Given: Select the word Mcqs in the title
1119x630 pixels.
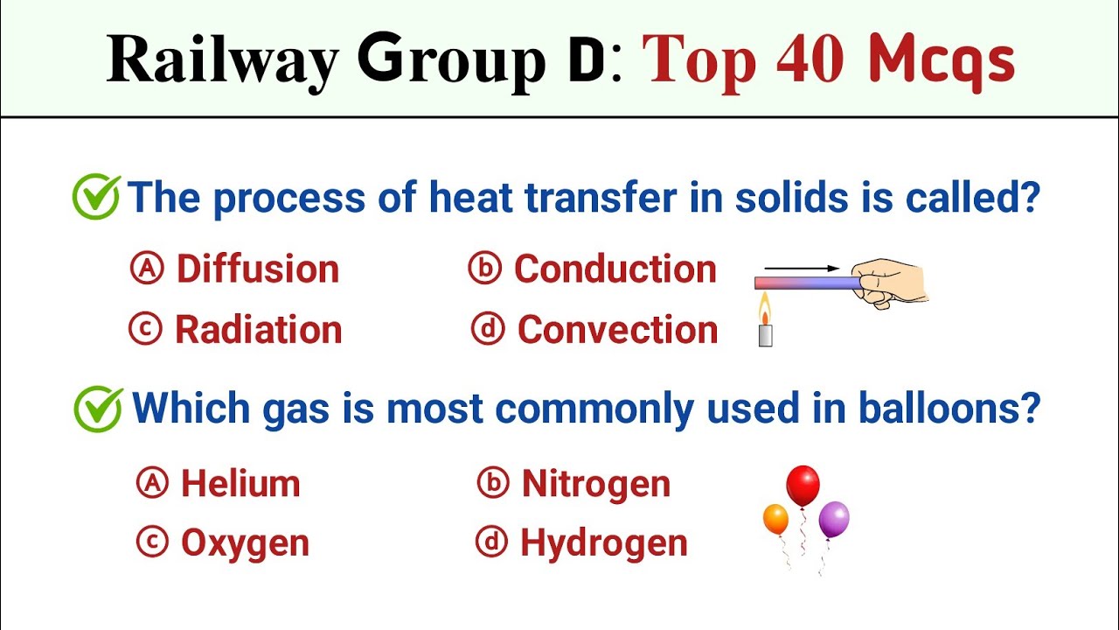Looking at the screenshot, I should point(942,61).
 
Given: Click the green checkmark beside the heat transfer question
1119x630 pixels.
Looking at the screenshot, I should point(95,198).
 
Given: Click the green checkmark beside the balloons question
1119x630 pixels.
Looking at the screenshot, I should point(98,409).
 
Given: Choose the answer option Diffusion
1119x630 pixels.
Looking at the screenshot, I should point(258,269).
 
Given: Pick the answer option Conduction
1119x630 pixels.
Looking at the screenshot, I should point(615,269).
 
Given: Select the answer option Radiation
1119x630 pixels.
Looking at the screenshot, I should point(258,330).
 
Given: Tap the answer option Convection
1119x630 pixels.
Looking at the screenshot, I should point(617,330).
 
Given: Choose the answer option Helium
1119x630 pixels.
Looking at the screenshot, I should point(240,484).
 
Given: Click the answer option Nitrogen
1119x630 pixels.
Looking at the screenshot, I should point(595,484).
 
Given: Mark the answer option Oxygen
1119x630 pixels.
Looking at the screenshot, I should point(245,543).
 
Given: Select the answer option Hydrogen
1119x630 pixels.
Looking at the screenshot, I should point(603,543).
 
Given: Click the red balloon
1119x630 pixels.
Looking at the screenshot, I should point(803,485).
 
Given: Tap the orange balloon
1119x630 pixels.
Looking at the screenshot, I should point(775,518).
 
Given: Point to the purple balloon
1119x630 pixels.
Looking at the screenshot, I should point(834,519).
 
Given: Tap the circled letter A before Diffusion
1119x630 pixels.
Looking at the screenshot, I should point(147,269).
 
